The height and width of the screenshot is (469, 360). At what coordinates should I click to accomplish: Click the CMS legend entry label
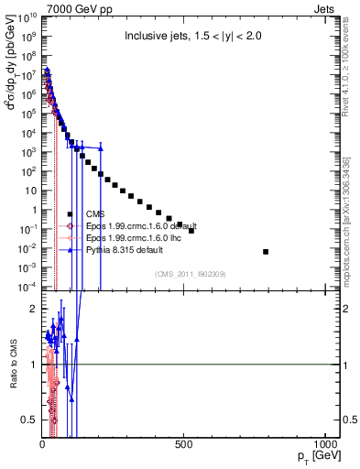[x=95, y=214]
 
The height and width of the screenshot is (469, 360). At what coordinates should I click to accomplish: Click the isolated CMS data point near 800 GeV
[x=266, y=251]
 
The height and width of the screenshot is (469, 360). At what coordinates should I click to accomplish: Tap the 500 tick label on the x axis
[x=184, y=443]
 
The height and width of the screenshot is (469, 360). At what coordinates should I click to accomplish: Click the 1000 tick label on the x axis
[x=324, y=443]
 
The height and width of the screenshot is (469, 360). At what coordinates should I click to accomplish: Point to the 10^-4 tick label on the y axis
[x=28, y=288]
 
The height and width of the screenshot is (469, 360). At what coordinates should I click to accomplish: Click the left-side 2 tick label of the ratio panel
[x=33, y=309]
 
